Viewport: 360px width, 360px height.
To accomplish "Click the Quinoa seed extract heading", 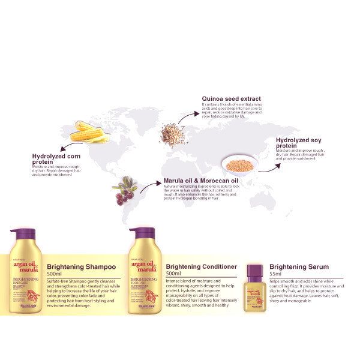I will pyautogui.click(x=231, y=98).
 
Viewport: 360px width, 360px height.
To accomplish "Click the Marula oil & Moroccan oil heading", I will pyautogui.click(x=201, y=180).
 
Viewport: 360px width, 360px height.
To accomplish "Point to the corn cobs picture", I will pyautogui.click(x=89, y=132).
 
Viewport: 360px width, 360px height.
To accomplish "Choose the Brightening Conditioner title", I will pyautogui.click(x=201, y=266).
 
